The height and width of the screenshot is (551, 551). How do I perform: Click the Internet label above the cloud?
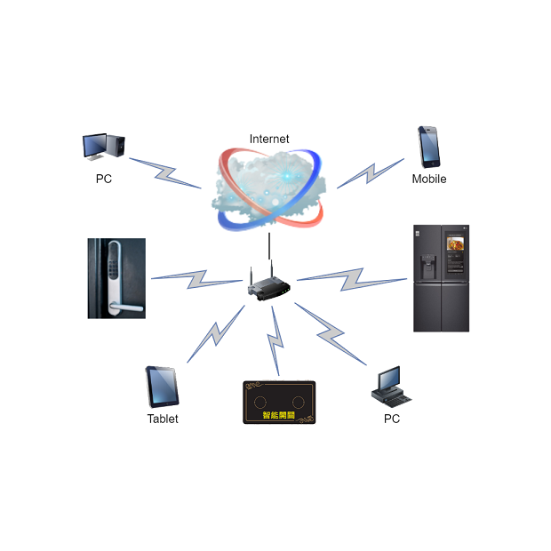coord(268,139)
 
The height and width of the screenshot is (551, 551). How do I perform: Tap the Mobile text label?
coord(429,179)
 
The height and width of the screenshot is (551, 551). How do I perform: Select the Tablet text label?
coord(163,419)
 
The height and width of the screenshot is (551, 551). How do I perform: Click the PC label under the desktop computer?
coord(104,179)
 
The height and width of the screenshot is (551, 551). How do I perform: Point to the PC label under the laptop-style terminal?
coord(392,418)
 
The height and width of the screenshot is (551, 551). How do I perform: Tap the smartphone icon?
coord(430,147)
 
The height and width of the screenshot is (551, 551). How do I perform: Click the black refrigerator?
coord(441,278)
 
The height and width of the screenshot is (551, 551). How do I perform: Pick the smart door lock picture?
coord(116,278)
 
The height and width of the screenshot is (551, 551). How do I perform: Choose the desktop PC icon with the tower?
coord(104,147)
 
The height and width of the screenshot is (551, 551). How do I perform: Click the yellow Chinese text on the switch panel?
coord(279,414)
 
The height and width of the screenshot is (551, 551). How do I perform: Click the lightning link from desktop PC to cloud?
coord(166,173)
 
